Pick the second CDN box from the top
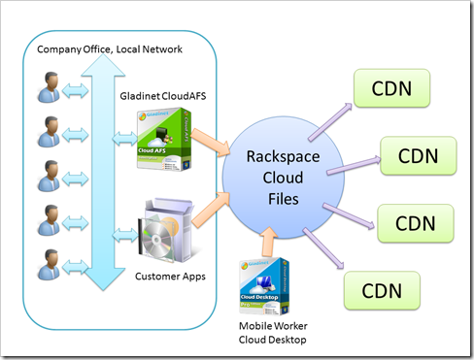click(416, 154)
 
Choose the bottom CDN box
click(381, 288)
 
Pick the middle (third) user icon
click(46, 180)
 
